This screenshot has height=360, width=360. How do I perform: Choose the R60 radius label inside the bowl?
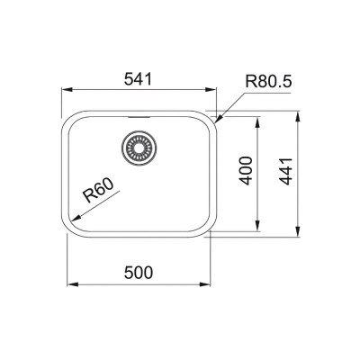97,192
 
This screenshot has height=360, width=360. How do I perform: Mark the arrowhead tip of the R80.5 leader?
213,117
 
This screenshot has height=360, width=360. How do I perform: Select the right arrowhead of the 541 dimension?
216,90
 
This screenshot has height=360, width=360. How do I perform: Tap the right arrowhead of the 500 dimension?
211,283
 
